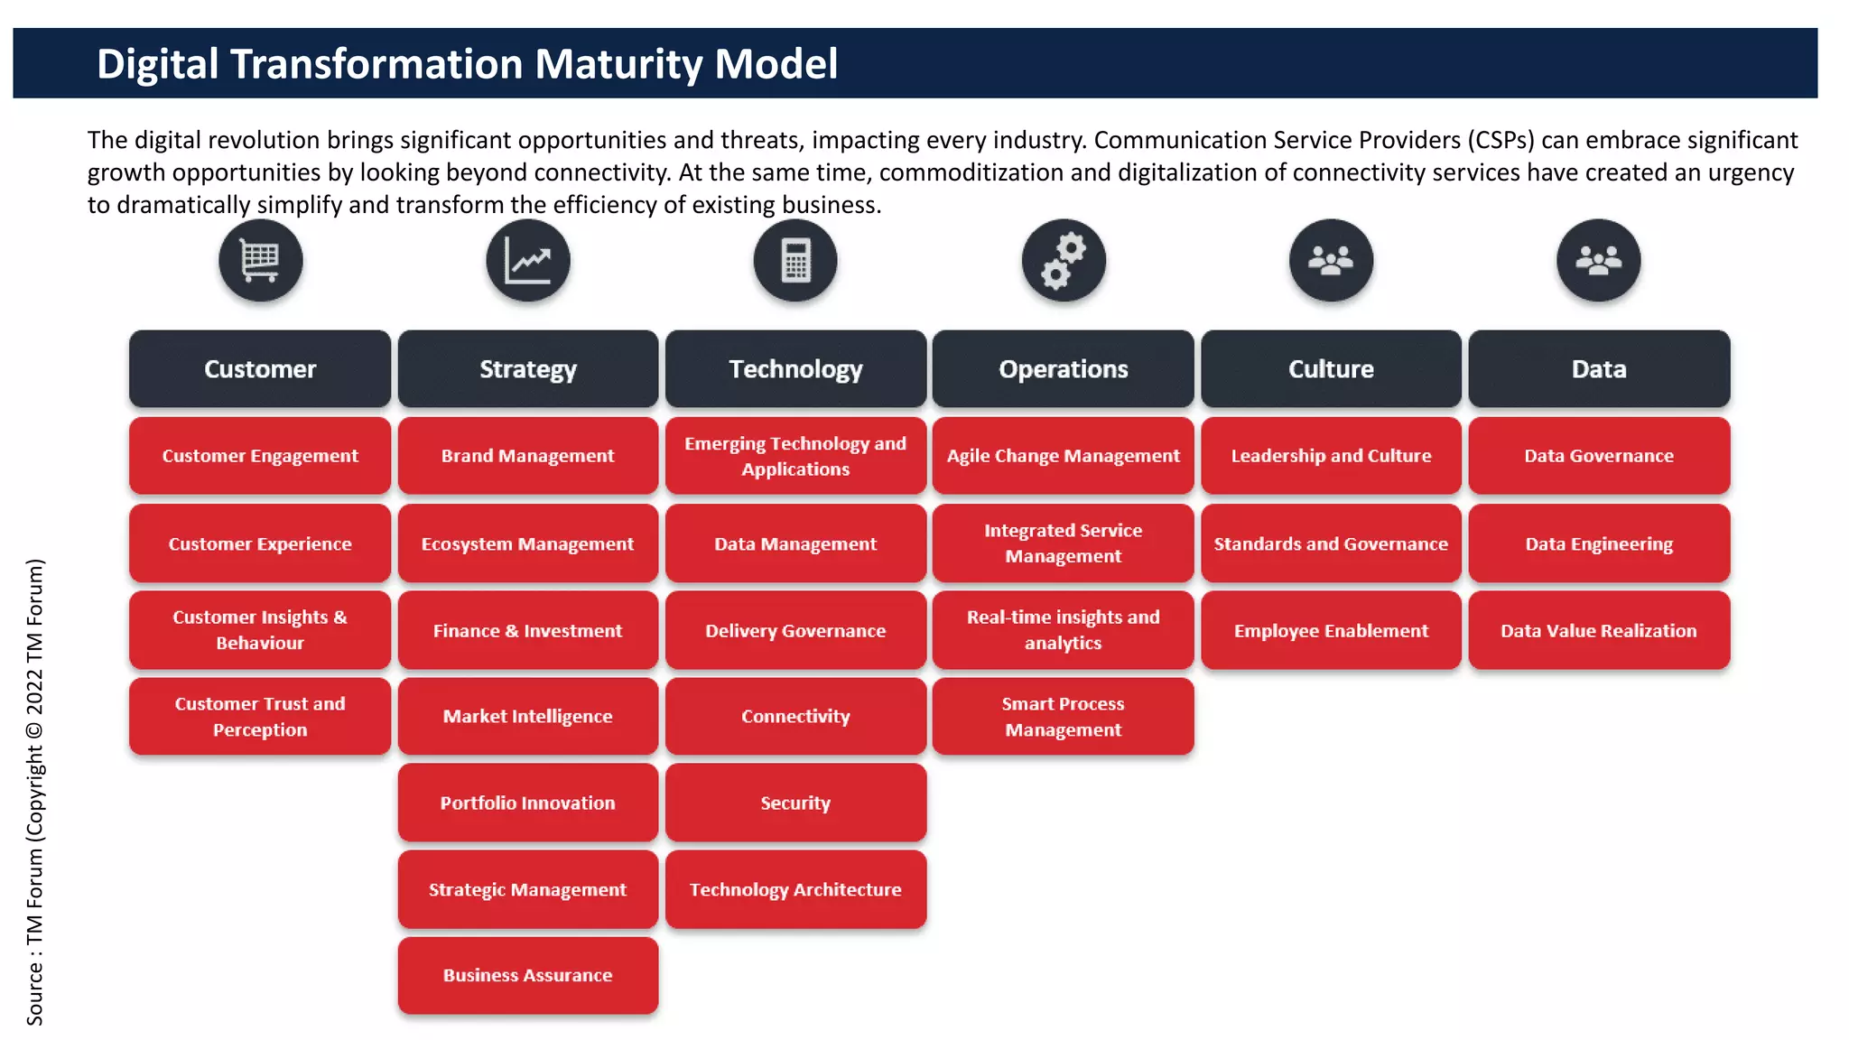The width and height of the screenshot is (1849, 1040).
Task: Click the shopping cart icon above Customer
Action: tap(260, 261)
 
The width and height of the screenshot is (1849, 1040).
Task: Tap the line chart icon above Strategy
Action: tap(528, 261)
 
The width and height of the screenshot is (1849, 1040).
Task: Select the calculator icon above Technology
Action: tap(795, 261)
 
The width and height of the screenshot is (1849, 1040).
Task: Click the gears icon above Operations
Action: tap(1064, 261)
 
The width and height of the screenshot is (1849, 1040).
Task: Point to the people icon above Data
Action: tap(1598, 261)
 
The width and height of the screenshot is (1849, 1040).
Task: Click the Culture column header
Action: tap(1331, 369)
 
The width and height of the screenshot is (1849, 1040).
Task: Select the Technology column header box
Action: tap(795, 369)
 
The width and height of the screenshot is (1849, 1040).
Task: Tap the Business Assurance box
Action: tap(528, 975)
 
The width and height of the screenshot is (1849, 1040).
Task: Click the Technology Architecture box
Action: tap(795, 889)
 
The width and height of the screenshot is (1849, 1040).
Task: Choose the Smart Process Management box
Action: tap(1064, 717)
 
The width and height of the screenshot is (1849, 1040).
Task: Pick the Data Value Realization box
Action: tap(1598, 630)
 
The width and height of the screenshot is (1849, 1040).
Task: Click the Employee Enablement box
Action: tap(1331, 630)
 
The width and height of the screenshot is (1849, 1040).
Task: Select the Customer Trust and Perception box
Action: tap(260, 717)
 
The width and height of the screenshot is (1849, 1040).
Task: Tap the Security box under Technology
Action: tap(795, 803)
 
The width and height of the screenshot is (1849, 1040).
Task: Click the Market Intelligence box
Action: tap(528, 717)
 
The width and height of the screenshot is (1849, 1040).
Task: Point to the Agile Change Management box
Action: tap(1064, 456)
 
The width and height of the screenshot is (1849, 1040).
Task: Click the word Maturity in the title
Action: tap(619, 64)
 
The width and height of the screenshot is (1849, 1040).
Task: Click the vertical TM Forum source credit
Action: tap(34, 792)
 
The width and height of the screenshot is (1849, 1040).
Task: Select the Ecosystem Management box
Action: tap(528, 543)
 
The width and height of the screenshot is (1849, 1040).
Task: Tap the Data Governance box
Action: tap(1598, 456)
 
